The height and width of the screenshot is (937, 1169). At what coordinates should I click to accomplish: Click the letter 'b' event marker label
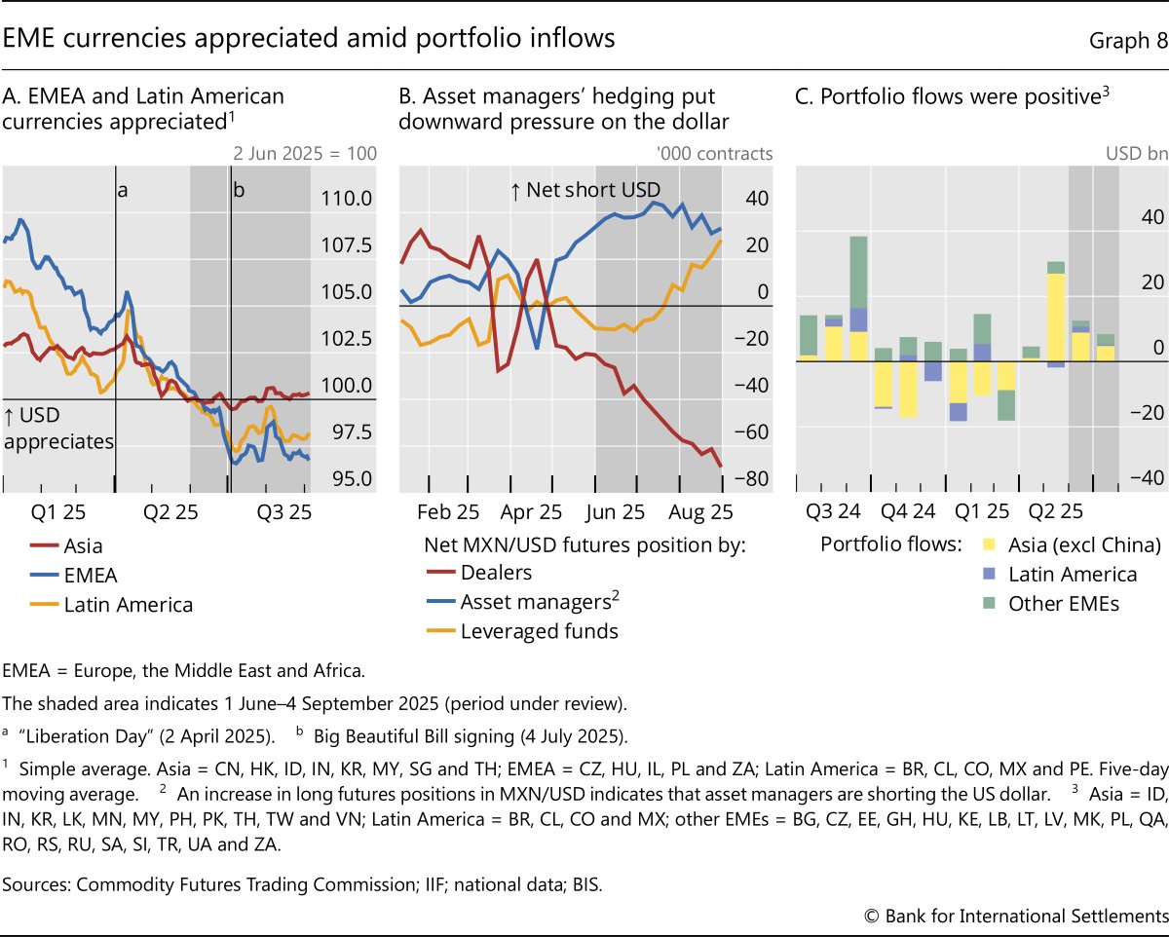pos(238,191)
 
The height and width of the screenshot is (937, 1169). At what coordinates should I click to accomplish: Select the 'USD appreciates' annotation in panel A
pos(58,430)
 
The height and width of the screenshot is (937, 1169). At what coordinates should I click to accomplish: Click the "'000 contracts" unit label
pos(714,153)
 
